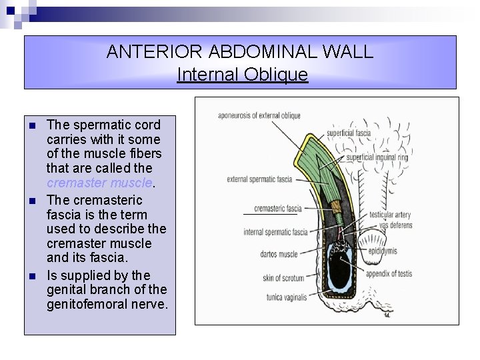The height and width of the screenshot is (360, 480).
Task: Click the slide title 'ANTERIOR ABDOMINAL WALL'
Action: [240, 52]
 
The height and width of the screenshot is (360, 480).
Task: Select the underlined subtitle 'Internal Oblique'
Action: [242, 75]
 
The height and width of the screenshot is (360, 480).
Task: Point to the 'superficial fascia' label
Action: [349, 133]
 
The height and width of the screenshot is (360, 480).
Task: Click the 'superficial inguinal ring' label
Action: [377, 157]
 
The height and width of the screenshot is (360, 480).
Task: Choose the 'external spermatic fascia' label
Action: [259, 179]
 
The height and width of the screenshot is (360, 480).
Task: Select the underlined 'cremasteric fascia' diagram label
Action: [278, 209]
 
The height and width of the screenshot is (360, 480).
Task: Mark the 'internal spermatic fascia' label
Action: [275, 233]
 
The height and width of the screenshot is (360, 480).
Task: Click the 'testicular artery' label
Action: [390, 215]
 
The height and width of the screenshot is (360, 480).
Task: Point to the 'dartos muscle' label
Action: [279, 254]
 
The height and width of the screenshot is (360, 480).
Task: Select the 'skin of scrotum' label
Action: [283, 278]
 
